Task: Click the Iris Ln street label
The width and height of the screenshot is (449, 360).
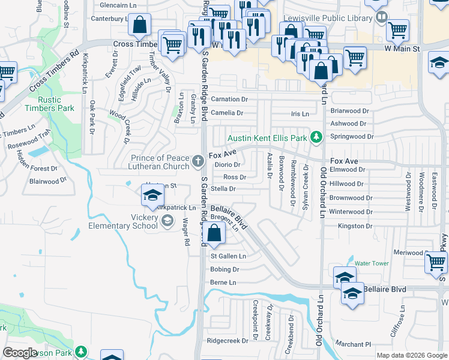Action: click(299, 113)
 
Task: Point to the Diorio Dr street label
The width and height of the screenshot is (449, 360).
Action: click(228, 164)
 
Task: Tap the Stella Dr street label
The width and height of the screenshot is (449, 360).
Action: click(223, 188)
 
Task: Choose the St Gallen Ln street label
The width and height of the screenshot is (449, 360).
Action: click(228, 256)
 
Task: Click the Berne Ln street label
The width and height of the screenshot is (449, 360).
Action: click(223, 282)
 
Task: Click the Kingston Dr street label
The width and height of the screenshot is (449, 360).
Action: click(351, 226)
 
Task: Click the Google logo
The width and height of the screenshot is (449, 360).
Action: click(20, 353)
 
